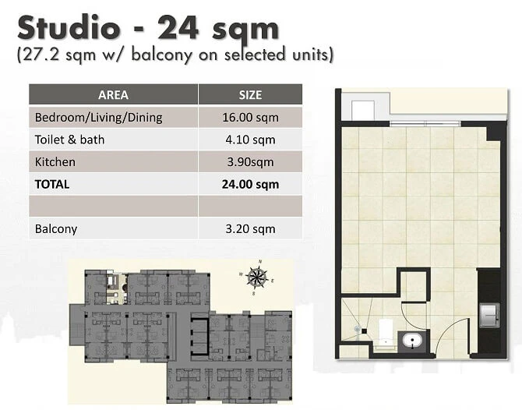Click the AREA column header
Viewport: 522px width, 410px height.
(x=113, y=95)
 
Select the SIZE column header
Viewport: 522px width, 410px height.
(x=250, y=95)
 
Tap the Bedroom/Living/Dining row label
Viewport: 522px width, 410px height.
(x=98, y=118)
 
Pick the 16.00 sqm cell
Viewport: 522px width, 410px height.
(x=250, y=118)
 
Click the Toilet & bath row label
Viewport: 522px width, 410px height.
(x=69, y=140)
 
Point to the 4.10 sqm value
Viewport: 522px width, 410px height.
(x=250, y=140)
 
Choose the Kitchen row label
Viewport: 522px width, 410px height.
(x=55, y=162)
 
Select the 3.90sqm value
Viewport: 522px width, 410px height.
(x=250, y=162)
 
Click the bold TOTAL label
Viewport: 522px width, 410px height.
(x=52, y=184)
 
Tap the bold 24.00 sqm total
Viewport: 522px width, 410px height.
(x=250, y=185)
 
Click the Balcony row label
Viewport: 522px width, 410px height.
(x=56, y=229)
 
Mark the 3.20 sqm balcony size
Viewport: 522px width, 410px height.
(x=250, y=229)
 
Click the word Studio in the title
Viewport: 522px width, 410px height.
(x=69, y=28)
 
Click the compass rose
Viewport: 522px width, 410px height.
(x=256, y=277)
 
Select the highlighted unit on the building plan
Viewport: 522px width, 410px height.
(x=117, y=288)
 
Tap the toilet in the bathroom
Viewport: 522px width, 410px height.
(x=386, y=330)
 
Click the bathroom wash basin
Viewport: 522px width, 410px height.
(x=412, y=341)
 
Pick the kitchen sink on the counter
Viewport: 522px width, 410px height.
(x=489, y=315)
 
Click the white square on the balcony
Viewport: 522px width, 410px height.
(x=363, y=110)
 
